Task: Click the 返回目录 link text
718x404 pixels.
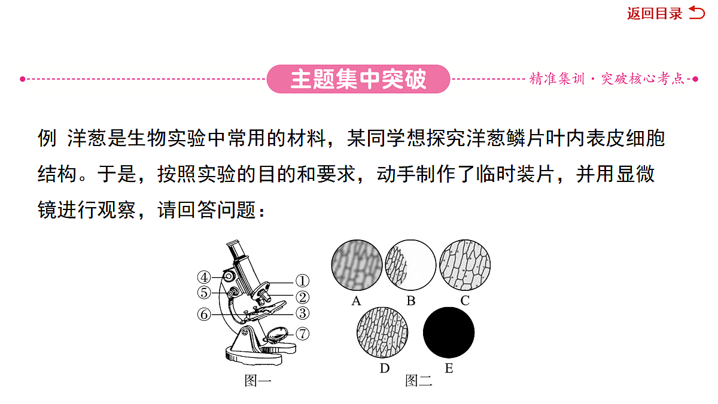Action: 655,13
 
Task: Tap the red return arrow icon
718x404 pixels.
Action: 697,13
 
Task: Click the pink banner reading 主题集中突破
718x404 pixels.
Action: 358,79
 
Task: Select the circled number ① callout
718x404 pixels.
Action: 302,281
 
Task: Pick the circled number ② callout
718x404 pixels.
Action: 302,297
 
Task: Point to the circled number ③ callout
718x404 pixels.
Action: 302,313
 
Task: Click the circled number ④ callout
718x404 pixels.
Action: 204,277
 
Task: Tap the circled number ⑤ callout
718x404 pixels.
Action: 204,293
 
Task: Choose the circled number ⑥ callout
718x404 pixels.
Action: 204,315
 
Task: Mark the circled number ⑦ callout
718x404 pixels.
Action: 302,334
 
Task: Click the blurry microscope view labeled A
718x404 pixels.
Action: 357,265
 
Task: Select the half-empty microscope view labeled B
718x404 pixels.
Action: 410,265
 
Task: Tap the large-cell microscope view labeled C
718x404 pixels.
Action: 465,265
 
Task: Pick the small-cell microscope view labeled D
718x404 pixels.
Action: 382,333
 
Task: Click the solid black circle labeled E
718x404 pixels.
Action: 449,333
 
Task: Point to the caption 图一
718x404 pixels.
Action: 258,381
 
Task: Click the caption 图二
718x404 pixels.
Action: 419,381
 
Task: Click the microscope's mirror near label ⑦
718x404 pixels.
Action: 277,335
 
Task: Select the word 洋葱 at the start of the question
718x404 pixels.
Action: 87,138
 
